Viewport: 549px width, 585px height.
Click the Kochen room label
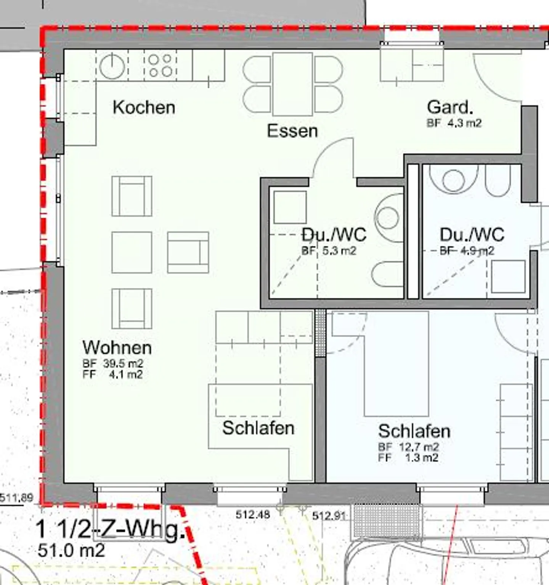(x=144, y=108)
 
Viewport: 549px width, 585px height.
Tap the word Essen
(x=292, y=131)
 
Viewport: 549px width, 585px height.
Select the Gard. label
(x=450, y=107)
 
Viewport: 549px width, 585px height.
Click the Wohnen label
(x=117, y=348)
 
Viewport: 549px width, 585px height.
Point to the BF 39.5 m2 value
(x=113, y=363)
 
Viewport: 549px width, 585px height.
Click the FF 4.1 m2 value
(x=113, y=374)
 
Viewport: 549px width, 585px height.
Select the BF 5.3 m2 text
(x=329, y=251)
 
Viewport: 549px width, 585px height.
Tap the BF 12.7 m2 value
(x=408, y=447)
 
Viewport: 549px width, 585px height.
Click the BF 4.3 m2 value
(x=454, y=123)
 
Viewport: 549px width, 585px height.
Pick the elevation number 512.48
(x=253, y=514)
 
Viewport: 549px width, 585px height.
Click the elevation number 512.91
(x=329, y=516)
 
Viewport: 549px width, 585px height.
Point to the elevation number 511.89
(x=16, y=497)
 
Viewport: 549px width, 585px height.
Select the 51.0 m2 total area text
(x=71, y=550)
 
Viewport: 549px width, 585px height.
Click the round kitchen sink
(x=112, y=66)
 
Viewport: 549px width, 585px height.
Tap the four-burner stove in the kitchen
(x=160, y=66)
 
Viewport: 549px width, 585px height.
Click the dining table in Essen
(x=292, y=84)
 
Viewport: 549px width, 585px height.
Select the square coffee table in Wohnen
(x=132, y=252)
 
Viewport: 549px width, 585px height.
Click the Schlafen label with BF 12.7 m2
(x=414, y=431)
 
